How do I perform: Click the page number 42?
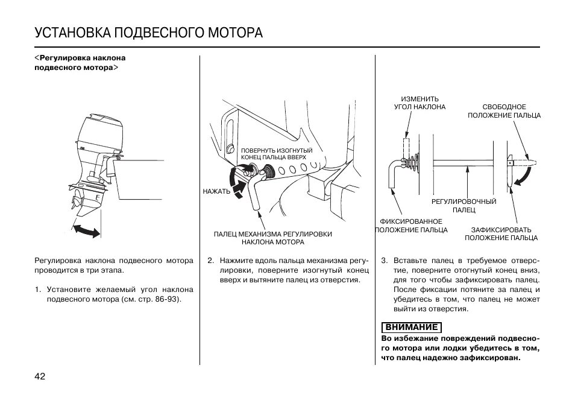pos(40,376)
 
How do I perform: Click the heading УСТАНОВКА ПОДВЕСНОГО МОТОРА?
pos(149,32)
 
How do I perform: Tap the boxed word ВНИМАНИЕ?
pos(412,328)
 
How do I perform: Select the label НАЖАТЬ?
pos(216,192)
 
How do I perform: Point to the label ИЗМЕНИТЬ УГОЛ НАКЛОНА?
pos(420,103)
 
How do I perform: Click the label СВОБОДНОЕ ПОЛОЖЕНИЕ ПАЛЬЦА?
pos(504,111)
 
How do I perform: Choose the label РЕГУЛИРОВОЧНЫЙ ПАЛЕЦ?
pos(464,206)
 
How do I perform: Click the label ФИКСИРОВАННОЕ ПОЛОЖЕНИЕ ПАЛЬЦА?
pos(412,226)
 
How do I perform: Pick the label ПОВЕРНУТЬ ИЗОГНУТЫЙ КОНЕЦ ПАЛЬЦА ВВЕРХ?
pos(277,153)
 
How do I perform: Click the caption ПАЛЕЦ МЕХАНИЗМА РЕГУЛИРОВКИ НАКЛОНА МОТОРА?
pos(273,238)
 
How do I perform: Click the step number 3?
pos(384,261)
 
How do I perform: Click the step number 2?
pos(210,261)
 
